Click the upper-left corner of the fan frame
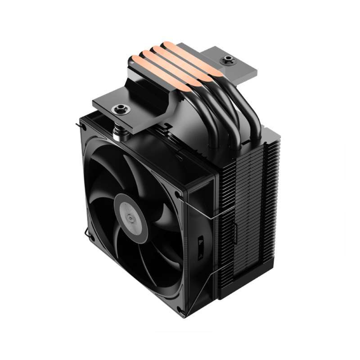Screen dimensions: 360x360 tap(84, 120)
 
